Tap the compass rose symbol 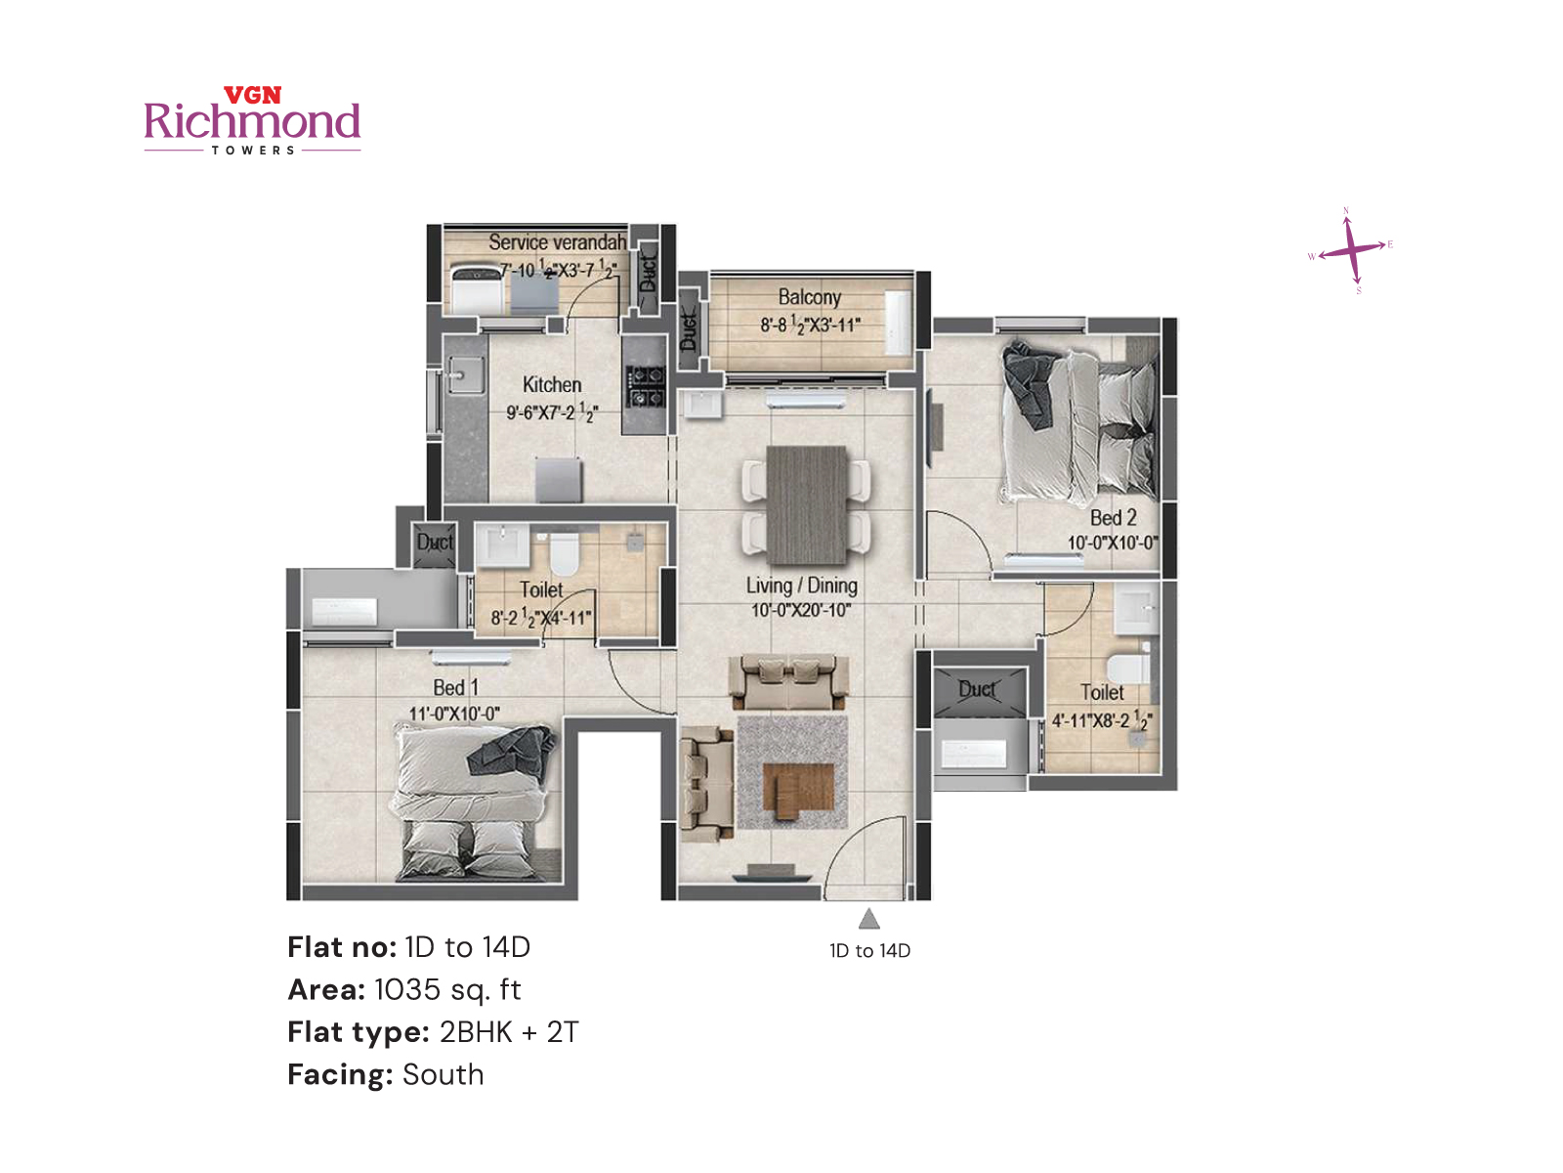1351,250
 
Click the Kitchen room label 552,385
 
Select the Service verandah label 557,241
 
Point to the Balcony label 809,297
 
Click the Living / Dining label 801,586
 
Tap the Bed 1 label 455,688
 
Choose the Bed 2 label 1113,518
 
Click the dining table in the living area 806,504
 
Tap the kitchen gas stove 645,385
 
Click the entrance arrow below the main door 869,919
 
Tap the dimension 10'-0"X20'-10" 801,611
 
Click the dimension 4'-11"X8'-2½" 1101,721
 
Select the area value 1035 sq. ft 447,990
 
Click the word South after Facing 444,1075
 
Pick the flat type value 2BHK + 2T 509,1032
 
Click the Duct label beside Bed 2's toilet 977,690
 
